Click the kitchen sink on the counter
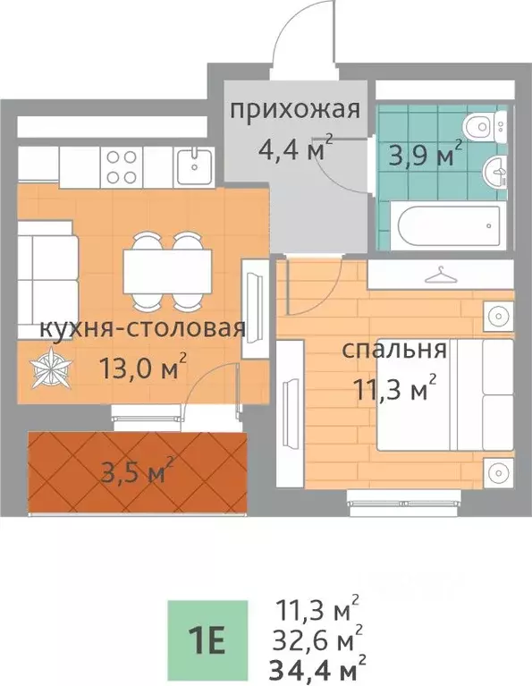[x=191, y=163]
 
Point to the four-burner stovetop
[x=122, y=165]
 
